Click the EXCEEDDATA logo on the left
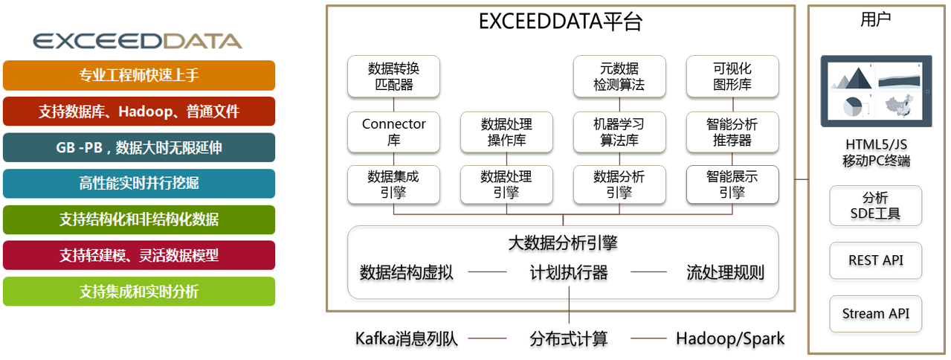[x=138, y=41]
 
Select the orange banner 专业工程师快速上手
[x=139, y=75]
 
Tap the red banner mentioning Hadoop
[x=139, y=112]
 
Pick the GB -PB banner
[x=139, y=147]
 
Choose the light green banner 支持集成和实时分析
[x=139, y=292]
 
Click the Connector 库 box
[x=393, y=132]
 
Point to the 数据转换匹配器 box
[x=393, y=77]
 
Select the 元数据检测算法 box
[x=619, y=77]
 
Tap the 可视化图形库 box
[x=732, y=77]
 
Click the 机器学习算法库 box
[x=619, y=132]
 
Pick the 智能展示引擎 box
[x=732, y=184]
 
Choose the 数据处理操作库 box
[x=506, y=132]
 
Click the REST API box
[x=875, y=260]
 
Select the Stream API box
[x=875, y=314]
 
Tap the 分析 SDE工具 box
[x=875, y=205]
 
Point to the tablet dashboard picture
[x=877, y=91]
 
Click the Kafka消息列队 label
[x=406, y=338]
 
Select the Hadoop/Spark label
[x=730, y=338]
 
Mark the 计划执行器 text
[x=569, y=272]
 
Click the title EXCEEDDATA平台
[x=561, y=22]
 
